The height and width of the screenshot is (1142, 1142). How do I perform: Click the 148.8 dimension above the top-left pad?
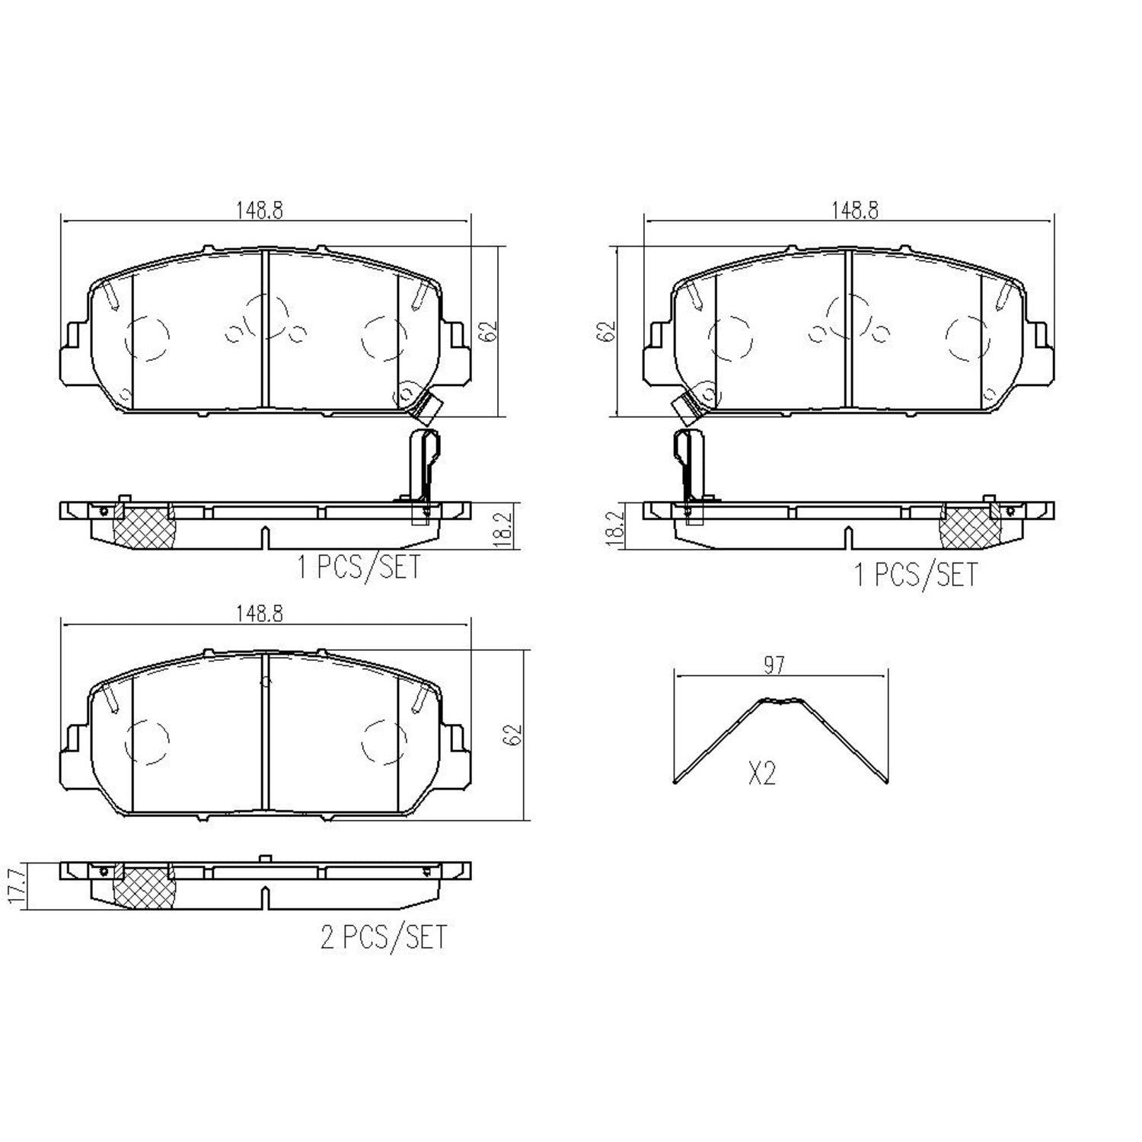[x=259, y=211]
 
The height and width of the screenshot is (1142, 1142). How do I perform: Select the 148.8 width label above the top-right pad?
[x=853, y=211]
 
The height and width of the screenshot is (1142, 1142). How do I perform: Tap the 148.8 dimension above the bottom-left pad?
[x=259, y=614]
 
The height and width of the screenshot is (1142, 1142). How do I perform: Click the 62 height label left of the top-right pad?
[x=608, y=332]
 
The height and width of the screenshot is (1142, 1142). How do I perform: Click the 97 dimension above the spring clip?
[x=774, y=665]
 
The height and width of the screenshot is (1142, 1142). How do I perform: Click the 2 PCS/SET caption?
[x=383, y=936]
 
